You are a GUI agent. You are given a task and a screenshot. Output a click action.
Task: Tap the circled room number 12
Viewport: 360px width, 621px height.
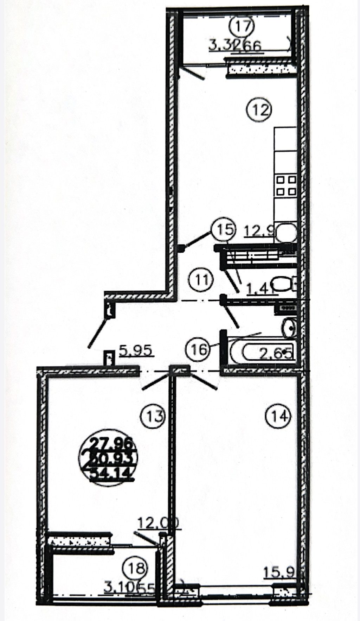[259, 110]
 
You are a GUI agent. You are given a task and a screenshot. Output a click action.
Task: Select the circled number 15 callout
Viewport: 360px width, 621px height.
[223, 229]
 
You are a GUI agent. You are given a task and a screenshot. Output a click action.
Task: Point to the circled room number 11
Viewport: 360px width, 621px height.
[201, 280]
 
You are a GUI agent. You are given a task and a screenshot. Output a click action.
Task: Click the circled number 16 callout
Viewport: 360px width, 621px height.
[197, 349]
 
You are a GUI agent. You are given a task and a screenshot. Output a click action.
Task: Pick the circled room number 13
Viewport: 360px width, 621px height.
[153, 416]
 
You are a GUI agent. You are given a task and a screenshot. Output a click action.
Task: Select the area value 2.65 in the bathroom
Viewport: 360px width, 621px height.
[276, 353]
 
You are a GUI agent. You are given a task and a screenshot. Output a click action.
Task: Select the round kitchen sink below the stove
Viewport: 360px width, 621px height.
[287, 232]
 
